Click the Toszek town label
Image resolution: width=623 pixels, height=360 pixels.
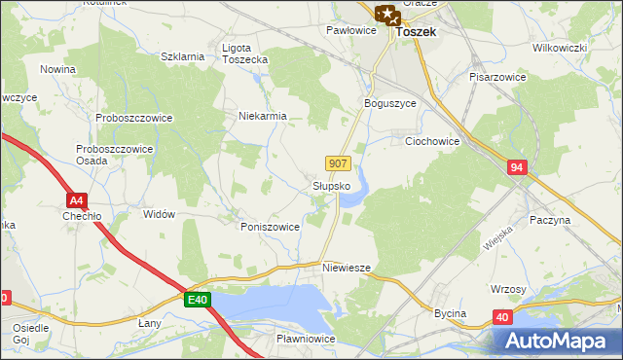415,32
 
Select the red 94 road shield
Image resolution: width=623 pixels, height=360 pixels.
517,168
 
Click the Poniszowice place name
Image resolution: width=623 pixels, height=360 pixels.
270,226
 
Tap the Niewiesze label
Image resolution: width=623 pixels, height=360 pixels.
348,265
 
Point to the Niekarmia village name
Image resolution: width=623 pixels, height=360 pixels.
263,116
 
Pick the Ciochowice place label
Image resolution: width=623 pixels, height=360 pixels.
431,140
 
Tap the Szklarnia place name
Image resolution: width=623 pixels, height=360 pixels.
182,56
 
